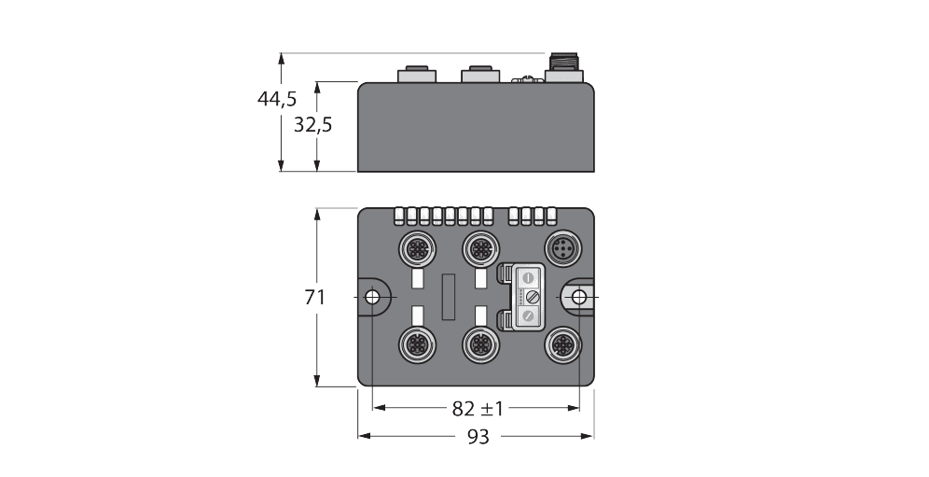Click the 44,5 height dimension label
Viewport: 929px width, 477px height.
tap(277, 99)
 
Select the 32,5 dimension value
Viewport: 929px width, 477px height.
tap(312, 124)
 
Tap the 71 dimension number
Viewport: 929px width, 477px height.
tap(314, 298)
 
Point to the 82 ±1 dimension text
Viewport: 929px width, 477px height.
tap(478, 408)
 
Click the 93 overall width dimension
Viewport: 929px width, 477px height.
tap(478, 437)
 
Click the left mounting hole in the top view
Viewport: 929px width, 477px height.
tap(372, 297)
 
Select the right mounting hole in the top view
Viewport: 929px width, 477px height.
tap(579, 297)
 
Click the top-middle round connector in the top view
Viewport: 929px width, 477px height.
tap(479, 249)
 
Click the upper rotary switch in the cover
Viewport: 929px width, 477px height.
tap(528, 278)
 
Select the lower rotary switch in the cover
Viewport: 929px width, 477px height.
tap(528, 317)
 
